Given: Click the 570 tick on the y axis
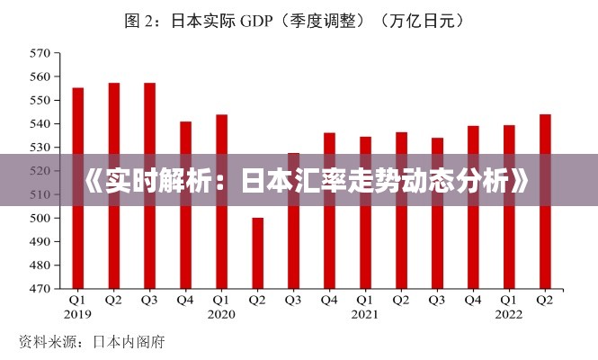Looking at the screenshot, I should [40, 52].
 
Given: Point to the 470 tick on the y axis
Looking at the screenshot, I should [40, 290].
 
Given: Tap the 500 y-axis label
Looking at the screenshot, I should [40, 219].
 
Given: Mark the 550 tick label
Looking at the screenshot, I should [40, 100].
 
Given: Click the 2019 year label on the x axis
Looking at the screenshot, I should [78, 314].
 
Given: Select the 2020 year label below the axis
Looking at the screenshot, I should [222, 314].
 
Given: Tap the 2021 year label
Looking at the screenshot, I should [366, 314].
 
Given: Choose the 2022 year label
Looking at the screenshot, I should [509, 314].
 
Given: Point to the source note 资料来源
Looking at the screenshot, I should [45, 342].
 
